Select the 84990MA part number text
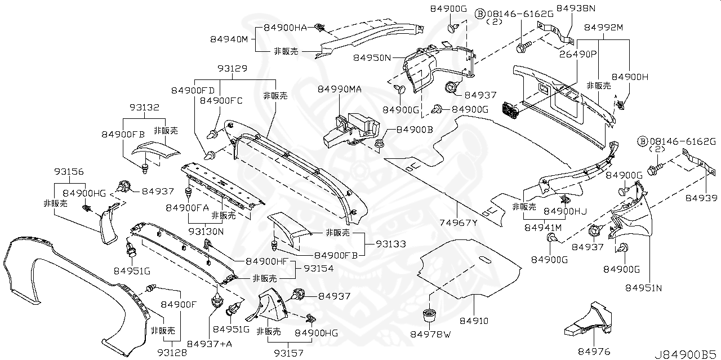point(339,90)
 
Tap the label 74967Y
point(459,223)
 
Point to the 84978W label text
point(431,335)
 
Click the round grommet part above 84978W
point(430,314)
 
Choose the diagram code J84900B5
point(686,354)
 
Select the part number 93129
point(232,68)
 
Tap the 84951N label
point(644,288)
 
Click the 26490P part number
point(578,55)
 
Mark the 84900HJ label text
point(565,211)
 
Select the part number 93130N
point(206,231)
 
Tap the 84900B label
point(414,130)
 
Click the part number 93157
point(289,353)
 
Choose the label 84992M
point(603,27)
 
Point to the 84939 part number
point(701,198)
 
